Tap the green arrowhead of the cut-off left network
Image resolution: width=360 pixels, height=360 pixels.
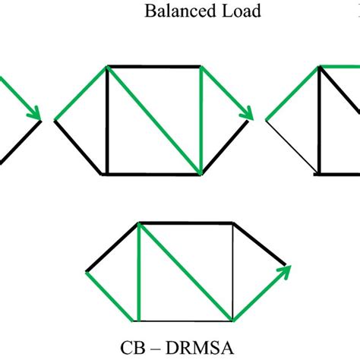34,113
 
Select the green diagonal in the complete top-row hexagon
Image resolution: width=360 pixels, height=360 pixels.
153,120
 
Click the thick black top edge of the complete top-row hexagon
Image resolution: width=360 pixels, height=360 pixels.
153,66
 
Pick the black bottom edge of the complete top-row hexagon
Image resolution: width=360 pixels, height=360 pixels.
153,174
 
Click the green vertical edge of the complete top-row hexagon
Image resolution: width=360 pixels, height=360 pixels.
200,120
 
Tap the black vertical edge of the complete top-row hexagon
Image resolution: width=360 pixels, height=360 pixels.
107,120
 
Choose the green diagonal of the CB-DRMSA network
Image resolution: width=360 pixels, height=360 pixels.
186,271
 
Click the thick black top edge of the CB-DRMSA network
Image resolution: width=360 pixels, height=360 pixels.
186,223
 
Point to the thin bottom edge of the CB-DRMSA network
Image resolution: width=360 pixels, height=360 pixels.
186,320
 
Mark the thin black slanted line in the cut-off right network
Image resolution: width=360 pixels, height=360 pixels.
292,147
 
